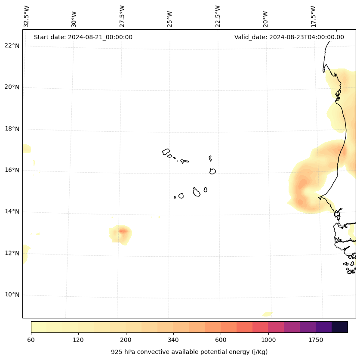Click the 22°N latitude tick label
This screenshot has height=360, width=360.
tap(12, 46)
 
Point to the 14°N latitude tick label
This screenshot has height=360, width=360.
tap(12, 211)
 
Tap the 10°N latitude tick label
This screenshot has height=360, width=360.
tap(12, 295)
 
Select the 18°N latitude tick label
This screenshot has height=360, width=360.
tap(12, 129)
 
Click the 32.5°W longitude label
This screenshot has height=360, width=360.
tap(27, 16)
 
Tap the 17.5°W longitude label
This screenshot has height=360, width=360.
tap(314, 16)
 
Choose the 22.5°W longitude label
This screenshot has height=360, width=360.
tap(218, 16)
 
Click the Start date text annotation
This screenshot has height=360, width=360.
tap(83, 37)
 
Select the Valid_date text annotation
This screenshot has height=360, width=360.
tap(289, 37)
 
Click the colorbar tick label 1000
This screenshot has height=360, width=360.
tap(268, 340)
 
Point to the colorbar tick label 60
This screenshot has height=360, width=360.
tap(31, 340)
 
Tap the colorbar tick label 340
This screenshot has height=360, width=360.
tap(173, 340)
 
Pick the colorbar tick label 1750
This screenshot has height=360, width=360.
tap(316, 340)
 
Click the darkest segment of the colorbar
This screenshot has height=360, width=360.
tap(340, 327)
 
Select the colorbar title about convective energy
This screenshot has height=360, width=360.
tap(189, 352)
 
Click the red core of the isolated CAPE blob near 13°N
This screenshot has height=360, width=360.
tap(123, 231)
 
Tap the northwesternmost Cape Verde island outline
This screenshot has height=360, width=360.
tap(166, 152)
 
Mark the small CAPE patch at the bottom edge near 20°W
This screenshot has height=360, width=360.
tap(267, 314)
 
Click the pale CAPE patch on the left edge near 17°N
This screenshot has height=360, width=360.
tap(26, 149)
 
